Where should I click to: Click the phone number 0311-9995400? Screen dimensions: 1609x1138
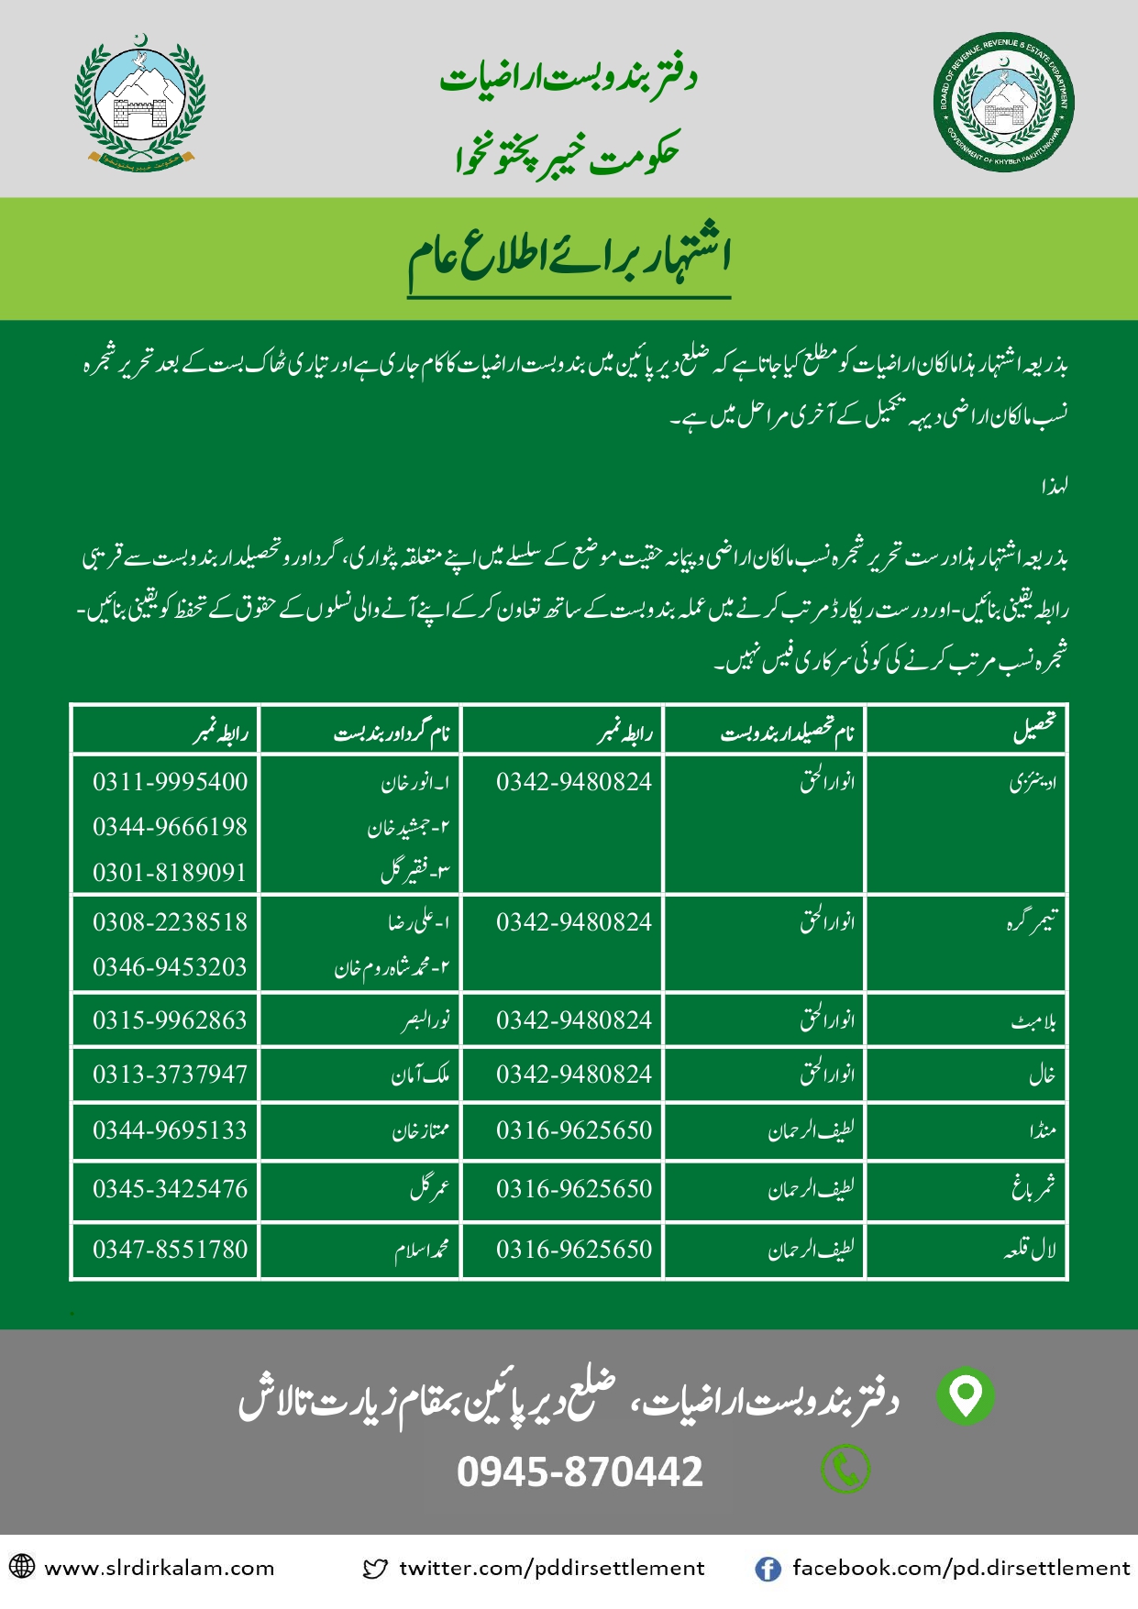click(170, 782)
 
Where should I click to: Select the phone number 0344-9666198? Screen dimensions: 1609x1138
click(170, 827)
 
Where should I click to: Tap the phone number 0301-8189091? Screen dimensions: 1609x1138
click(170, 872)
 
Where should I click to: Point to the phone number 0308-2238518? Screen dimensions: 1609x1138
click(170, 922)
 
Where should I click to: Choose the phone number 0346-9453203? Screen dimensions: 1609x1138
click(170, 967)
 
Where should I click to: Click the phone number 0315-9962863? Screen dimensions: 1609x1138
click(170, 1020)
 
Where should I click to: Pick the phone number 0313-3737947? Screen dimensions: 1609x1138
click(170, 1075)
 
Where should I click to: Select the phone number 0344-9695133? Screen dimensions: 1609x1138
click(170, 1130)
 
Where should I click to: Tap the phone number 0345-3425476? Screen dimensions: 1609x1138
click(170, 1189)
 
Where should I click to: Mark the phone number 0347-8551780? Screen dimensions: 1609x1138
click(170, 1250)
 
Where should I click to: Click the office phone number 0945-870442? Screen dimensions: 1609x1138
click(580, 1472)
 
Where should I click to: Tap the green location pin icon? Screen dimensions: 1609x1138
click(965, 1395)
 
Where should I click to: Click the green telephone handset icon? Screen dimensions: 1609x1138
click(845, 1470)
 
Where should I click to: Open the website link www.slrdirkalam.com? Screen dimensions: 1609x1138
click(159, 1569)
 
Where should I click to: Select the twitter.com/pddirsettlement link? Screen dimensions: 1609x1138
click(551, 1569)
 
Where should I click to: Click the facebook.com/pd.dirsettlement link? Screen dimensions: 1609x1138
click(960, 1569)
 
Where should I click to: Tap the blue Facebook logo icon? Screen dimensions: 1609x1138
click(768, 1570)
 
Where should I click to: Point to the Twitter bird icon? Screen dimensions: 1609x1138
click(375, 1570)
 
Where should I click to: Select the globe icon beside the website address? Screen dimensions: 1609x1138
click(22, 1567)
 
